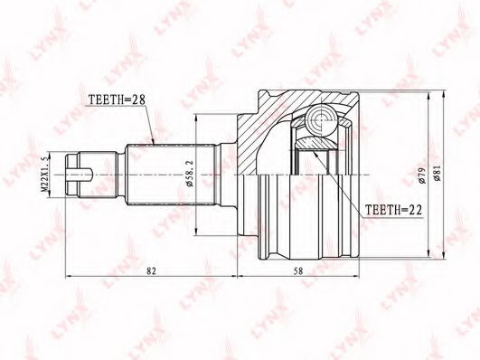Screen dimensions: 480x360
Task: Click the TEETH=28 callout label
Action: (116, 99)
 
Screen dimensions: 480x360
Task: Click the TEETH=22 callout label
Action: (394, 210)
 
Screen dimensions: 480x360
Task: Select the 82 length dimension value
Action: (151, 270)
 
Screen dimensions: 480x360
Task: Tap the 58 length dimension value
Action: (298, 270)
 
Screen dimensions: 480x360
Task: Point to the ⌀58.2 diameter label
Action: (190, 175)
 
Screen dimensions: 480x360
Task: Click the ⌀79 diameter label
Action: (422, 175)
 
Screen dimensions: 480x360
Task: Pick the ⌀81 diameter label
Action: (438, 173)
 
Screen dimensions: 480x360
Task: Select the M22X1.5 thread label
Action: (44, 174)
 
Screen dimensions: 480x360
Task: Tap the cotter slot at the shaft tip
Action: (80, 175)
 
